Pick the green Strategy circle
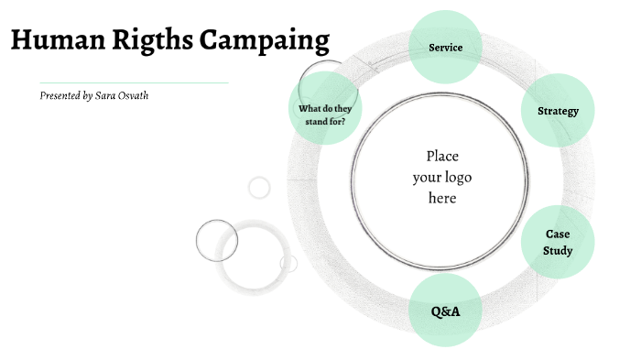(x=558, y=111)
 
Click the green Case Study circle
(x=558, y=242)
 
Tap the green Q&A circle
(x=445, y=311)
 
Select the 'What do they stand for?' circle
(x=325, y=115)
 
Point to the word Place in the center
(x=442, y=156)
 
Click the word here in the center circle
(x=442, y=197)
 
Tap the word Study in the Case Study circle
(x=558, y=250)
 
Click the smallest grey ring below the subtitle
(x=260, y=188)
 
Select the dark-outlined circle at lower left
(x=217, y=241)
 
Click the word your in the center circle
(x=427, y=177)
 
